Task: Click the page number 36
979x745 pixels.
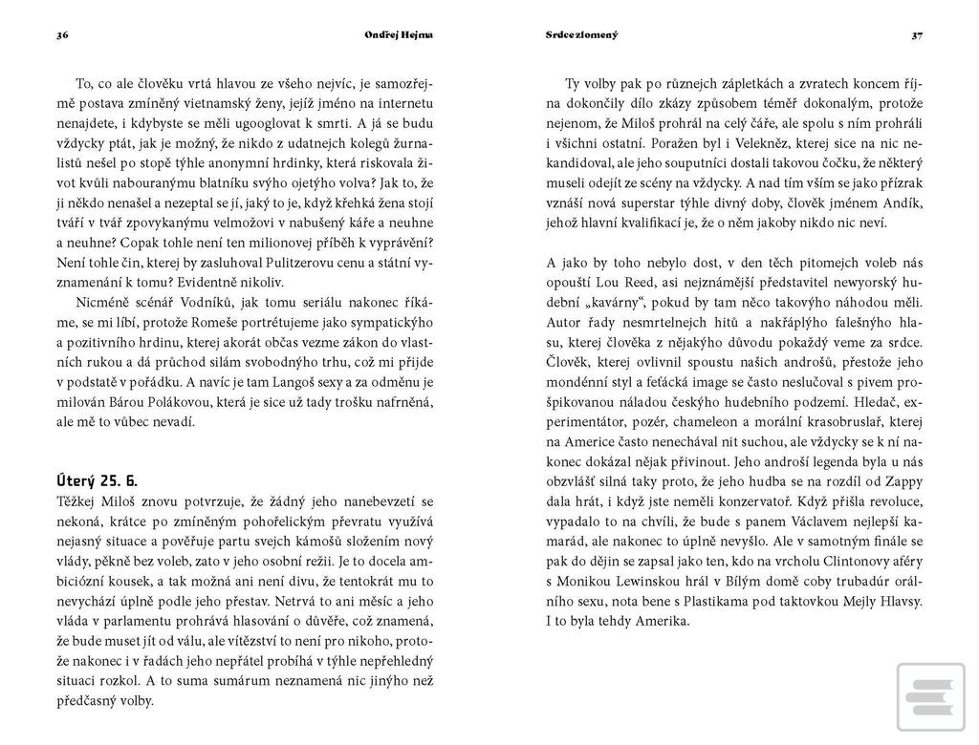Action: [x=62, y=35]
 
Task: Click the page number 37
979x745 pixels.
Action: [x=917, y=35]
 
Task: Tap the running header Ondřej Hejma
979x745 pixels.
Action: [x=399, y=35]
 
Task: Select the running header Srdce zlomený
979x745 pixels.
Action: [x=581, y=35]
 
